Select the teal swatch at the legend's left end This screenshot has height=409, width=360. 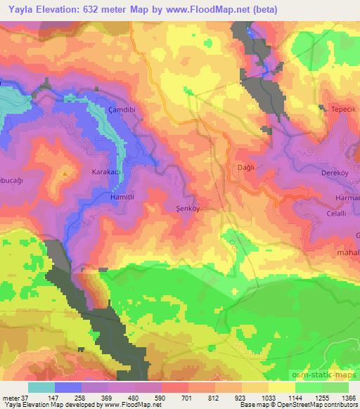pos(41,387)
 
